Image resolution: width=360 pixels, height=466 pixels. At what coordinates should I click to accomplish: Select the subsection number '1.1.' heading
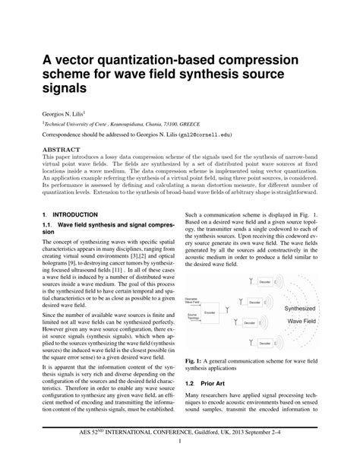point(49,226)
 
